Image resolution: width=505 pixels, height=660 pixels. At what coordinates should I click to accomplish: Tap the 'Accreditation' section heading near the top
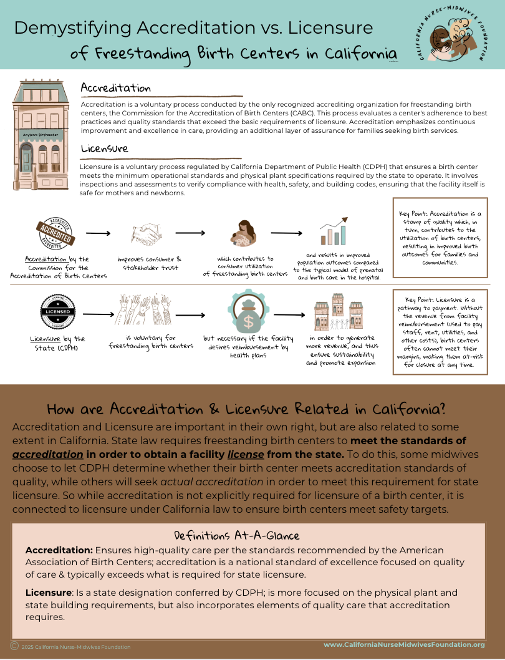pos(115,88)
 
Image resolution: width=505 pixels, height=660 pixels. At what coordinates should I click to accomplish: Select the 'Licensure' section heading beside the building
pos(104,149)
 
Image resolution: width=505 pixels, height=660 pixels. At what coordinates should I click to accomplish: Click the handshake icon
pos(147,234)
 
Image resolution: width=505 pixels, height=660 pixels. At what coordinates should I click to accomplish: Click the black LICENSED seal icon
pos(59,311)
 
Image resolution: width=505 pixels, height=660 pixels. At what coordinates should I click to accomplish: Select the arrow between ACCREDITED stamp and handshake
pos(98,234)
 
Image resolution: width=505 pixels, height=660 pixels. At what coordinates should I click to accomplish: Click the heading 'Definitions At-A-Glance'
pos(236,535)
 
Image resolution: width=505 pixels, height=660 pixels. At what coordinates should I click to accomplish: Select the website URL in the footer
pos(404,644)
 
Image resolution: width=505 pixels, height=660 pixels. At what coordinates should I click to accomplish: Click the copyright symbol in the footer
pos(14,646)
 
